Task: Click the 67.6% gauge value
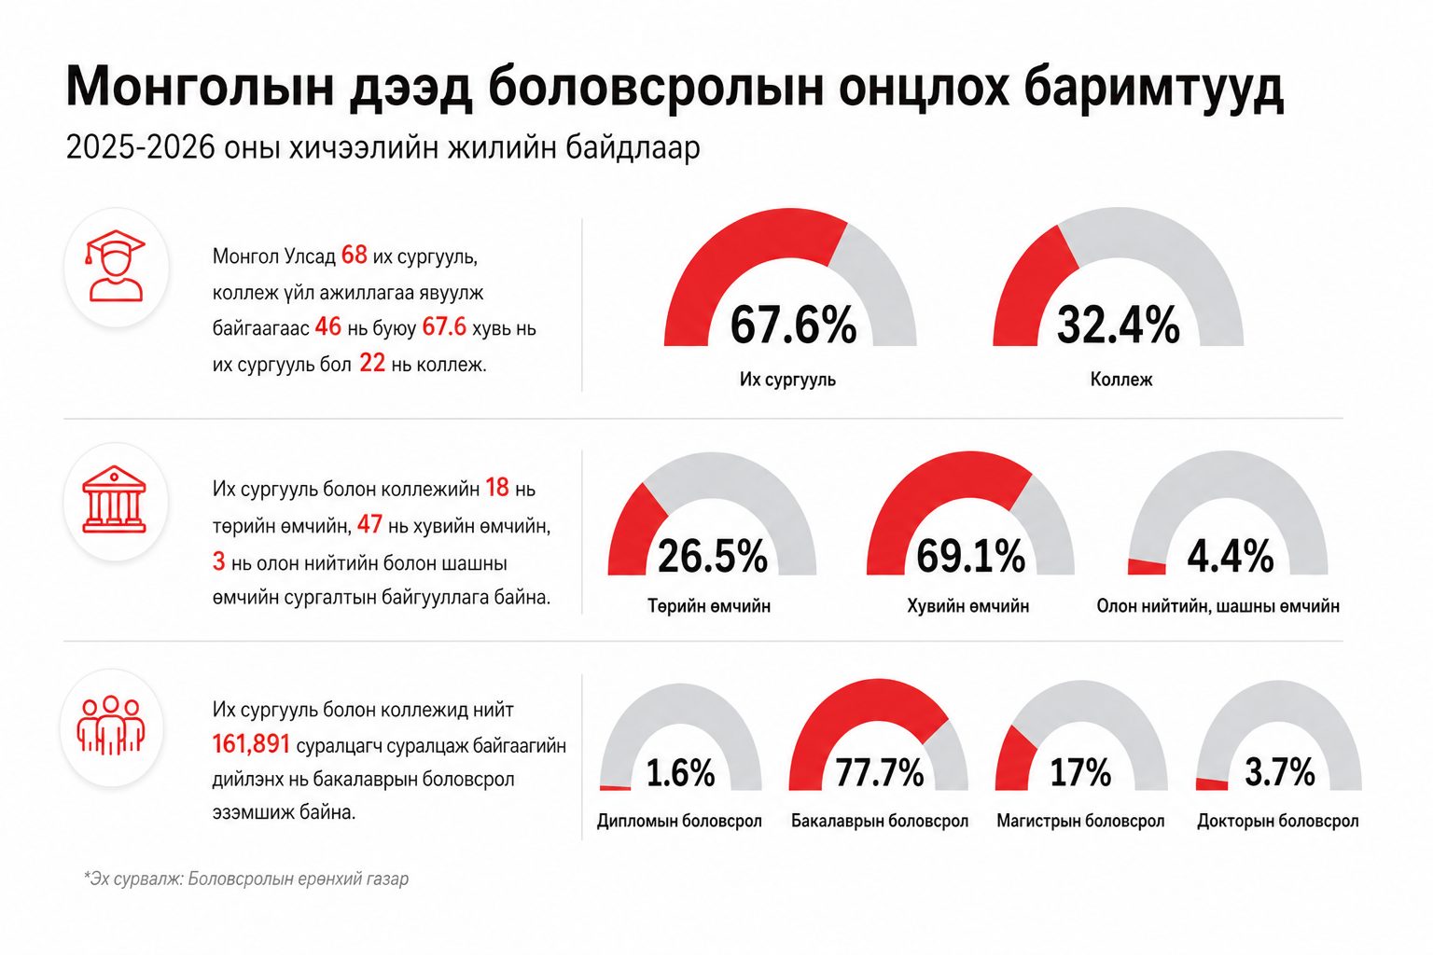point(793,325)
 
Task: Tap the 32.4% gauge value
point(1119,325)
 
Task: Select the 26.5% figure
point(713,556)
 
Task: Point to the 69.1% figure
point(970,556)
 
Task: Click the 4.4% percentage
point(1231,556)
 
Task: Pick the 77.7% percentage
point(880,772)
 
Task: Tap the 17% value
point(1080,772)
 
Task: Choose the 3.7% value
point(1279,772)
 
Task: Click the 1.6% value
point(681,772)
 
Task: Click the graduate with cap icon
point(115,266)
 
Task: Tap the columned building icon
point(115,500)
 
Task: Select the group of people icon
point(111,726)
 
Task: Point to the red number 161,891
point(251,744)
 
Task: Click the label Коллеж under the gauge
point(1121,380)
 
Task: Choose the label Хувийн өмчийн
point(967,606)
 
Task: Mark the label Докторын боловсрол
point(1277,821)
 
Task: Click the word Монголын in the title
point(201,88)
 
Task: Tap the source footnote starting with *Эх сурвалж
point(246,879)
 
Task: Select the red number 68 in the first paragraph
point(355,255)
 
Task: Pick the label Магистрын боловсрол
point(1080,821)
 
